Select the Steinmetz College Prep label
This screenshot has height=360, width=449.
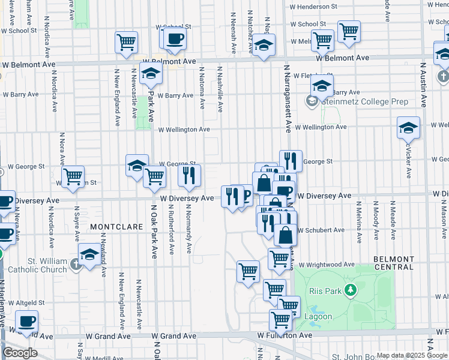(x=365, y=101)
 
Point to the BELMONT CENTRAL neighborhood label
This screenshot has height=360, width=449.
(x=394, y=262)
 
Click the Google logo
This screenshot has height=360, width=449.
(x=20, y=353)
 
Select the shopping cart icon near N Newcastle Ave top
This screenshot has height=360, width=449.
(x=126, y=42)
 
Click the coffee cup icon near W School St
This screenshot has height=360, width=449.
(x=175, y=38)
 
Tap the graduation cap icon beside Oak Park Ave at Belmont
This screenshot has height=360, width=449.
(x=151, y=73)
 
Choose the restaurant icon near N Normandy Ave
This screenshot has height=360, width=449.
(x=190, y=175)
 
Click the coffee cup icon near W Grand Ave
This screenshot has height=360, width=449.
(x=26, y=321)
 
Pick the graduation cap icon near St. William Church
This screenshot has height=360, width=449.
(x=89, y=254)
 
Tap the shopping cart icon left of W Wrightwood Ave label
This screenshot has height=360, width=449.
(x=248, y=271)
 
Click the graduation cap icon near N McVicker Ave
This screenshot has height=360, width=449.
(x=408, y=127)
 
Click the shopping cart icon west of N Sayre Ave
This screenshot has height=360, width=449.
(x=73, y=177)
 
